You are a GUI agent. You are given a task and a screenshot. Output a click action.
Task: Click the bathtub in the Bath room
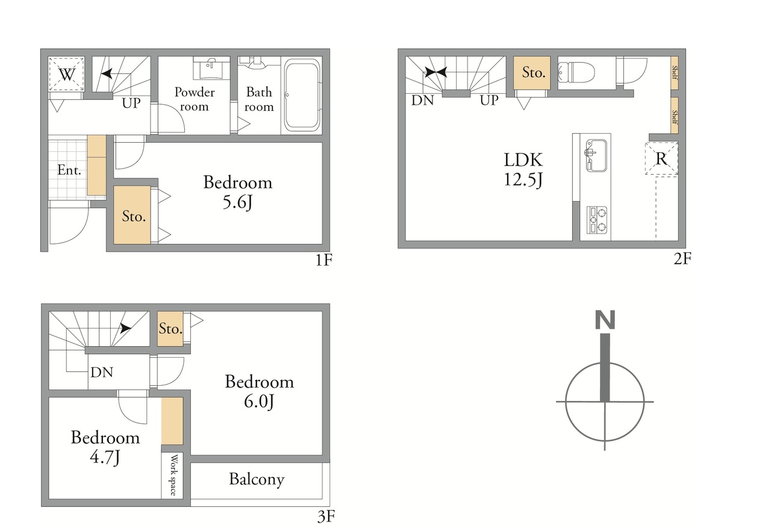(302, 95)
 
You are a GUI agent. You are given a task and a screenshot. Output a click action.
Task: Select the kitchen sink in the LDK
(596, 155)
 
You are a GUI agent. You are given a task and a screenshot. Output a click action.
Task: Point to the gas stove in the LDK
(597, 220)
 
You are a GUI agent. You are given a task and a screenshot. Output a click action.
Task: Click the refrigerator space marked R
(661, 158)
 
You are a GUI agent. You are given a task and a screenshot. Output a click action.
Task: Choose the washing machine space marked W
(66, 74)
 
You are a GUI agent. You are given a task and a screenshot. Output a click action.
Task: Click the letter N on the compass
(605, 320)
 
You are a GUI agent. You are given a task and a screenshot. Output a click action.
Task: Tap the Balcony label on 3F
(257, 479)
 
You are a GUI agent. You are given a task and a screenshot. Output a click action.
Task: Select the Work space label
(173, 475)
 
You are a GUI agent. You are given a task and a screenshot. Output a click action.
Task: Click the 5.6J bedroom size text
(237, 202)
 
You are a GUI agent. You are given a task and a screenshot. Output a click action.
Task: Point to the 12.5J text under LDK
(523, 179)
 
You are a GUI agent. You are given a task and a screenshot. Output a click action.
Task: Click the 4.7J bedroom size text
(105, 458)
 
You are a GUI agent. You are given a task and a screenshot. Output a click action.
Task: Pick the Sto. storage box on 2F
(532, 73)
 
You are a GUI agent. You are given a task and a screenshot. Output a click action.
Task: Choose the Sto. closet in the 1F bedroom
(132, 215)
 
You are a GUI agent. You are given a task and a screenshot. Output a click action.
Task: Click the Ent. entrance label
(69, 170)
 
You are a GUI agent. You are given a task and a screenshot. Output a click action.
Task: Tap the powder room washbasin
(211, 68)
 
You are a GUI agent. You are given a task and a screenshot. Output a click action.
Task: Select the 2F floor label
(682, 259)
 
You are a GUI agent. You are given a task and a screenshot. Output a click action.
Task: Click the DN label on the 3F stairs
(102, 372)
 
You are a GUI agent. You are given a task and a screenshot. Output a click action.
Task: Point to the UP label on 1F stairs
(131, 103)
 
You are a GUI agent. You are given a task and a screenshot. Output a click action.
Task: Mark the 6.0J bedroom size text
(259, 402)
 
